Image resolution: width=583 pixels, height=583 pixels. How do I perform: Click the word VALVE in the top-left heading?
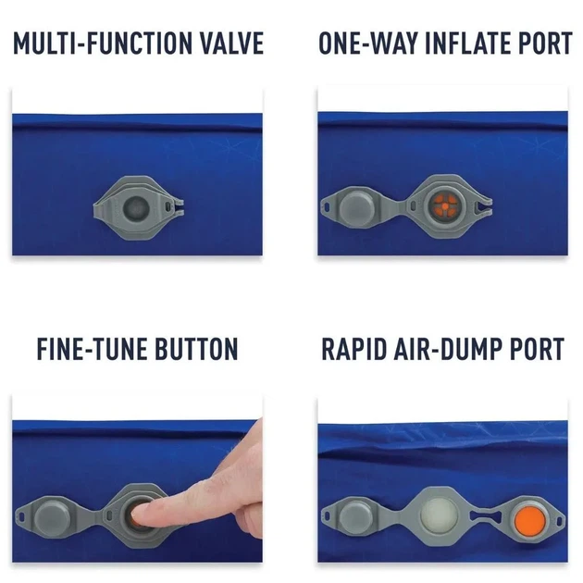click(x=232, y=43)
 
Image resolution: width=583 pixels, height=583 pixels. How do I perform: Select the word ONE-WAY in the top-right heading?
click(x=367, y=43)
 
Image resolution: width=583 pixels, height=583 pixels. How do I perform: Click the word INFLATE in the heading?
click(x=469, y=43)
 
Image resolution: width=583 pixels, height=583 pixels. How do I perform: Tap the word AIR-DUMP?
click(x=449, y=349)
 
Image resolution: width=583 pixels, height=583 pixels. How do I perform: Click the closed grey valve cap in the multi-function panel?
click(x=136, y=207)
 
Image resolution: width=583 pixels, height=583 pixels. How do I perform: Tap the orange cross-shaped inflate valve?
click(x=445, y=206)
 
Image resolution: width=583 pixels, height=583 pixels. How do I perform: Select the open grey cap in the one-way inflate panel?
click(x=356, y=206)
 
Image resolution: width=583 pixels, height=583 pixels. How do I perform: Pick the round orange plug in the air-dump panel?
click(x=530, y=519)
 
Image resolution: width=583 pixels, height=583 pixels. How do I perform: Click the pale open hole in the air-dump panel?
click(x=440, y=515)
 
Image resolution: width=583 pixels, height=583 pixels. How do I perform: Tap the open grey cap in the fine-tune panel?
click(x=52, y=517)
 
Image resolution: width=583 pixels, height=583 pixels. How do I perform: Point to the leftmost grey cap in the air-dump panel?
click(x=356, y=516)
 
